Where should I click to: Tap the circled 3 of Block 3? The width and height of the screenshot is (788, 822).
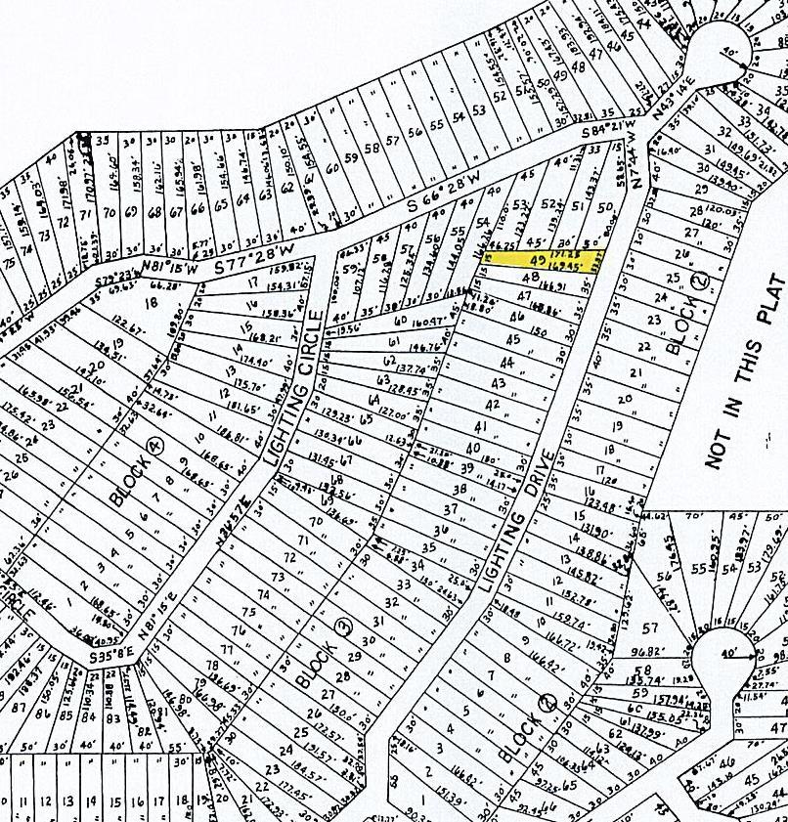pos(342,627)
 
